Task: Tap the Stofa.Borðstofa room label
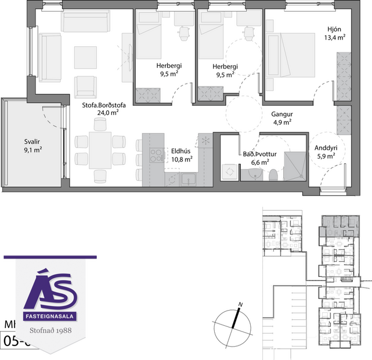click(104, 105)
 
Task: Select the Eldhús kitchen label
click(178, 151)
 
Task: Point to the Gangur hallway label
click(282, 114)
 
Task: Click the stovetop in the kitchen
click(156, 156)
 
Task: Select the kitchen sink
click(189, 179)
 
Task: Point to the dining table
click(100, 150)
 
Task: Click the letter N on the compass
click(240, 304)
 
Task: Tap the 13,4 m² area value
click(336, 37)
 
